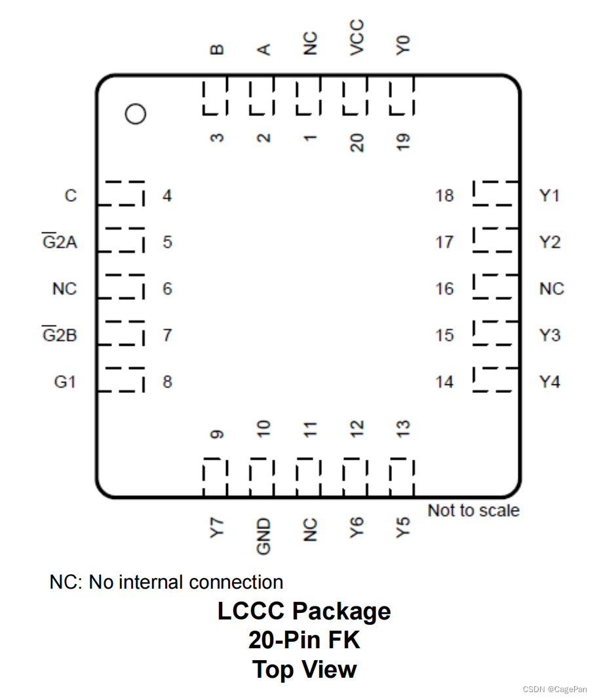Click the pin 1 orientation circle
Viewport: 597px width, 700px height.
click(x=136, y=114)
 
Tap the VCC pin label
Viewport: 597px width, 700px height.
click(x=357, y=37)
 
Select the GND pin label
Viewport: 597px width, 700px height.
click(x=263, y=536)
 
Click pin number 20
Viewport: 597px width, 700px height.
click(x=357, y=141)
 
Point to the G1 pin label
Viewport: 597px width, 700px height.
click(x=65, y=382)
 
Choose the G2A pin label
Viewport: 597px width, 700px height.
click(x=60, y=242)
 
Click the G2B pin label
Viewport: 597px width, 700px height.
click(x=60, y=335)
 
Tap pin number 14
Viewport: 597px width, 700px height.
click(x=444, y=382)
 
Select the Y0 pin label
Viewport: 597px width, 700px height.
click(x=404, y=45)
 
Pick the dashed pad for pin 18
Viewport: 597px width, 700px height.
click(x=493, y=194)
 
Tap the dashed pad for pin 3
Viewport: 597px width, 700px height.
click(x=215, y=98)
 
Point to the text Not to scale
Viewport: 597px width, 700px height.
click(x=473, y=510)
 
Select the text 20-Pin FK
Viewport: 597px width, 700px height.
click(x=304, y=640)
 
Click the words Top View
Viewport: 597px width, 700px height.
click(x=304, y=669)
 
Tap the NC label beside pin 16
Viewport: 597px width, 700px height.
click(x=551, y=289)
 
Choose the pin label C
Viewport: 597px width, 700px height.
click(x=70, y=196)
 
